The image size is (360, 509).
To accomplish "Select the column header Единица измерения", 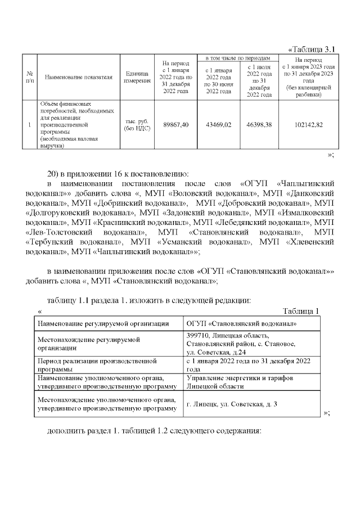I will (137, 77).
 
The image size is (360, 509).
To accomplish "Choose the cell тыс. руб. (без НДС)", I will (137, 124).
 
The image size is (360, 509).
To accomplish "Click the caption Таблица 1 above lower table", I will (301, 311).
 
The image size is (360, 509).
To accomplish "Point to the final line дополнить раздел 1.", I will (154, 431).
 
